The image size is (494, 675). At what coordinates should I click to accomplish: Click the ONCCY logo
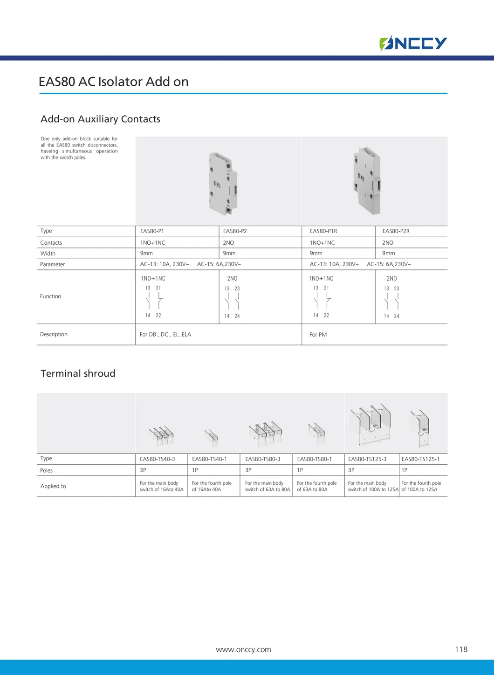click(413, 43)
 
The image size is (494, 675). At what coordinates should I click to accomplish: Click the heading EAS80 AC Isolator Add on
click(113, 82)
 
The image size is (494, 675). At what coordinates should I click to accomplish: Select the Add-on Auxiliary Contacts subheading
click(100, 119)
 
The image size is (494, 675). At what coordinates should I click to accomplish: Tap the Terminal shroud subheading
click(78, 373)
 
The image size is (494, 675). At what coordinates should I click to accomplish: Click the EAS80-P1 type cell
click(152, 231)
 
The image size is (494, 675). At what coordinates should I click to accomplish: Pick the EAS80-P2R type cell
click(396, 231)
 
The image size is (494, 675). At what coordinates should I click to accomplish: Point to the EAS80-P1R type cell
click(323, 231)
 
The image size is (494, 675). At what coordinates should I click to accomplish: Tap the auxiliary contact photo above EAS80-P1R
click(368, 181)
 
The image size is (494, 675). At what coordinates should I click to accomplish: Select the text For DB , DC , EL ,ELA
click(165, 334)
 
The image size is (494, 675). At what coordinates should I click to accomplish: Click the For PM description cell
click(318, 335)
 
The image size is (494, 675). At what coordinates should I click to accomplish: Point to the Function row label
click(50, 296)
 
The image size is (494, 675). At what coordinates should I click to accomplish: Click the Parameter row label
click(52, 264)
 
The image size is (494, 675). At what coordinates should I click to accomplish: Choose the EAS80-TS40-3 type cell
click(157, 459)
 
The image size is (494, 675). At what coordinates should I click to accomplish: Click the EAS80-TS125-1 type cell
click(420, 459)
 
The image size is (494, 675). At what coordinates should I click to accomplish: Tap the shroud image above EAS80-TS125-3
click(370, 424)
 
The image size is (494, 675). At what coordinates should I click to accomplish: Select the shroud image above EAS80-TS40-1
click(211, 437)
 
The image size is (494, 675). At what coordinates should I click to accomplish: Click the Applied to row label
click(53, 486)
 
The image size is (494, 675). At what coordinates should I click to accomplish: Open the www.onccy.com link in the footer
click(243, 649)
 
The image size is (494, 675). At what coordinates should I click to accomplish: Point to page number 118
click(461, 649)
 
